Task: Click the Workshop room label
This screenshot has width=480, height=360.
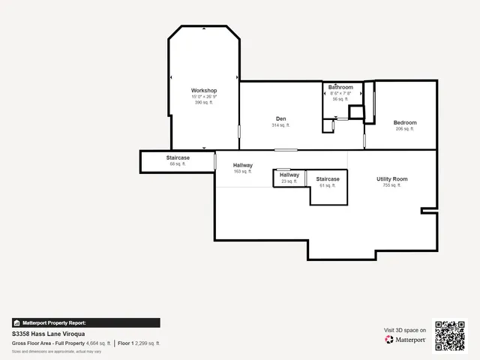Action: [204, 91]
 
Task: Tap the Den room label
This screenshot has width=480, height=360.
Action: [280, 118]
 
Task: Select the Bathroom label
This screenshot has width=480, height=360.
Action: [340, 87]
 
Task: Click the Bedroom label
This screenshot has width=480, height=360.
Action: [405, 122]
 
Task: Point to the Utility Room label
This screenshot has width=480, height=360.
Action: [391, 178]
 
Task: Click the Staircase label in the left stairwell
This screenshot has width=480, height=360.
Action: [178, 157]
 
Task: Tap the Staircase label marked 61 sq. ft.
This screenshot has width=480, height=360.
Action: [328, 178]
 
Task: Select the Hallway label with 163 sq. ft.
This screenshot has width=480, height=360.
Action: [242, 165]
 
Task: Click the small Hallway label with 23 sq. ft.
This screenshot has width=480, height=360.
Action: [289, 175]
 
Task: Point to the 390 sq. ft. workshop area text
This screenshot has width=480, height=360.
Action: [204, 103]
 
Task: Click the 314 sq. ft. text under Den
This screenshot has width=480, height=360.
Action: [280, 125]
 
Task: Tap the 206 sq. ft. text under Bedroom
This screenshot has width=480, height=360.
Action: [405, 129]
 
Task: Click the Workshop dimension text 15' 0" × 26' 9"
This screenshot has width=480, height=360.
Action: [204, 97]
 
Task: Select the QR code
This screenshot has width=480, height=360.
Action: [450, 336]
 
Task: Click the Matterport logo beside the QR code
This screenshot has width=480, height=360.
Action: [406, 340]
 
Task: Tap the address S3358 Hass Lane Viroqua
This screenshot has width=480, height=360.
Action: [48, 333]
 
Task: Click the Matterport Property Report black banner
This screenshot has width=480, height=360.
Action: [85, 322]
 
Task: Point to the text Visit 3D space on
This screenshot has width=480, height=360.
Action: [405, 330]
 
